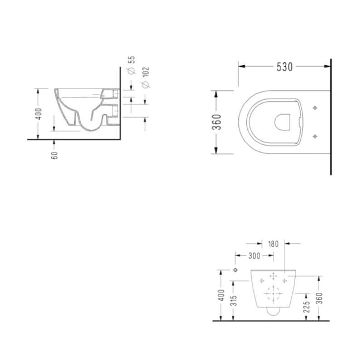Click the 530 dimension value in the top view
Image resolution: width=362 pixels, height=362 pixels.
pyautogui.click(x=285, y=67)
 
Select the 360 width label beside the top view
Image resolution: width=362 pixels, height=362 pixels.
pyautogui.click(x=217, y=122)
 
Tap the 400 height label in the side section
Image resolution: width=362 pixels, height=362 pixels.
pyautogui.click(x=39, y=114)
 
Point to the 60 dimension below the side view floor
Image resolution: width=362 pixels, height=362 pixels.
pyautogui.click(x=55, y=155)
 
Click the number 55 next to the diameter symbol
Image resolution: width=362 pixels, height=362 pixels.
pyautogui.click(x=132, y=60)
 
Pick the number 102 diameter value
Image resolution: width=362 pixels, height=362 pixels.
pyautogui.click(x=146, y=72)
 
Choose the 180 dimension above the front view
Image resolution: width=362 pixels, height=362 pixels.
pyautogui.click(x=273, y=244)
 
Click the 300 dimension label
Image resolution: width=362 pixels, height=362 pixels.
pyautogui.click(x=254, y=256)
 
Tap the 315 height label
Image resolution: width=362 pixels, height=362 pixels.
pyautogui.click(x=234, y=301)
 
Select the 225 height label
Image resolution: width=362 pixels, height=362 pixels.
pyautogui.click(x=307, y=307)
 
